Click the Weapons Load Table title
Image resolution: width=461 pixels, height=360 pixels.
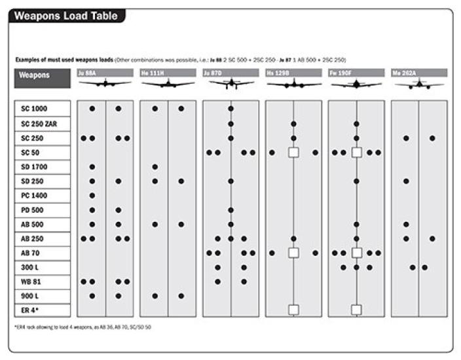coord(66,16)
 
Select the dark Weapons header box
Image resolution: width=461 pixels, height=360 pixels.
coord(41,78)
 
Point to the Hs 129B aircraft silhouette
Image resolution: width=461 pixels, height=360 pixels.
coord(293,84)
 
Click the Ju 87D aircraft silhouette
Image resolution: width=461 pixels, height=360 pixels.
coord(231,84)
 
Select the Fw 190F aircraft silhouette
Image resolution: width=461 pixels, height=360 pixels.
coord(356,84)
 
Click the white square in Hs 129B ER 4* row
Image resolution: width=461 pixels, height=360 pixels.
coord(293,310)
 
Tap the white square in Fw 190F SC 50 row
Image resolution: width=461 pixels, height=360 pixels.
coord(356,153)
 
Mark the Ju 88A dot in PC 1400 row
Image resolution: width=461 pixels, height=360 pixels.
coord(92,195)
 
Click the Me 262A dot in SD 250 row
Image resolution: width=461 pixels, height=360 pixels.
coord(406,181)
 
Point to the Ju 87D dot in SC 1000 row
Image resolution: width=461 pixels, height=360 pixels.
coord(231,109)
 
